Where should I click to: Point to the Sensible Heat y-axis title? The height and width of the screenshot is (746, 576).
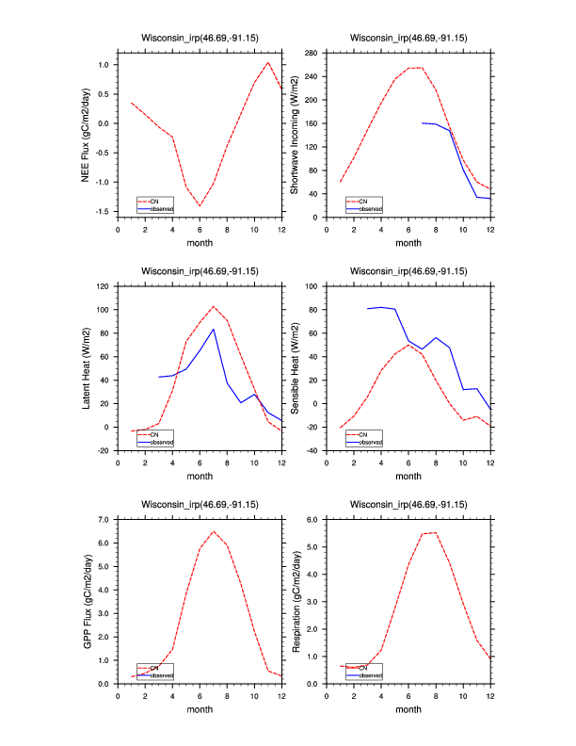pos(295,367)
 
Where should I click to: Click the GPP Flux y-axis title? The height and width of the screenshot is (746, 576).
pos(87,601)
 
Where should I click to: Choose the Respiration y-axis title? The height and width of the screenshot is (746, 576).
pos(295,601)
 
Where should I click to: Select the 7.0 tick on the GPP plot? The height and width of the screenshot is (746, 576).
pos(102,520)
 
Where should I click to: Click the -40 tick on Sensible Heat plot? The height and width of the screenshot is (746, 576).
pos(308,451)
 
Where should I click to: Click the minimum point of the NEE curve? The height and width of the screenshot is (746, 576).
pos(200,205)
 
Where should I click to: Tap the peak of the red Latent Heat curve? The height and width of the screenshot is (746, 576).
pos(214,306)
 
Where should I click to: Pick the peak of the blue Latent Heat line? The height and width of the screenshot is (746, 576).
pos(214,329)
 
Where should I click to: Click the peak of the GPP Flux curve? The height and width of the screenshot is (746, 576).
pos(214,531)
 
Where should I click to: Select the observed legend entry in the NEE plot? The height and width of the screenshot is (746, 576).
pos(161,208)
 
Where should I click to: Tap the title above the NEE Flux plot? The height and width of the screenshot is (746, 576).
pos(200,39)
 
